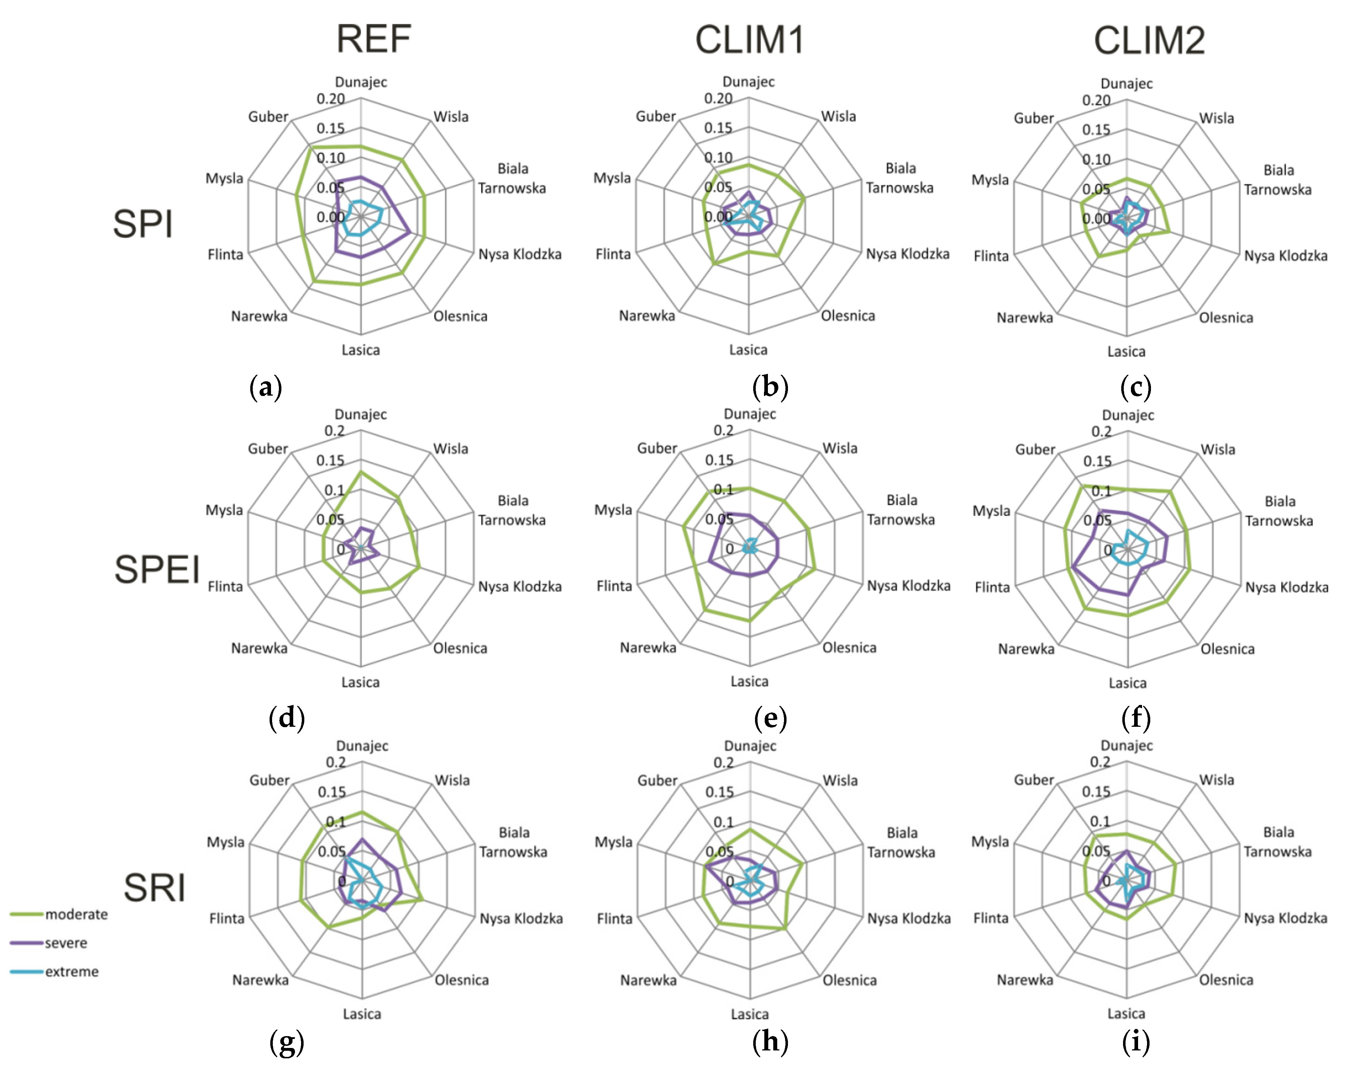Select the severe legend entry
66,943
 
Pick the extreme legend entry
72,972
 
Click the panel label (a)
266,387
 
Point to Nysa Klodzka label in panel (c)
1286,256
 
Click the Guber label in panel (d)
268,449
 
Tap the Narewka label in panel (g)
260,980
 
